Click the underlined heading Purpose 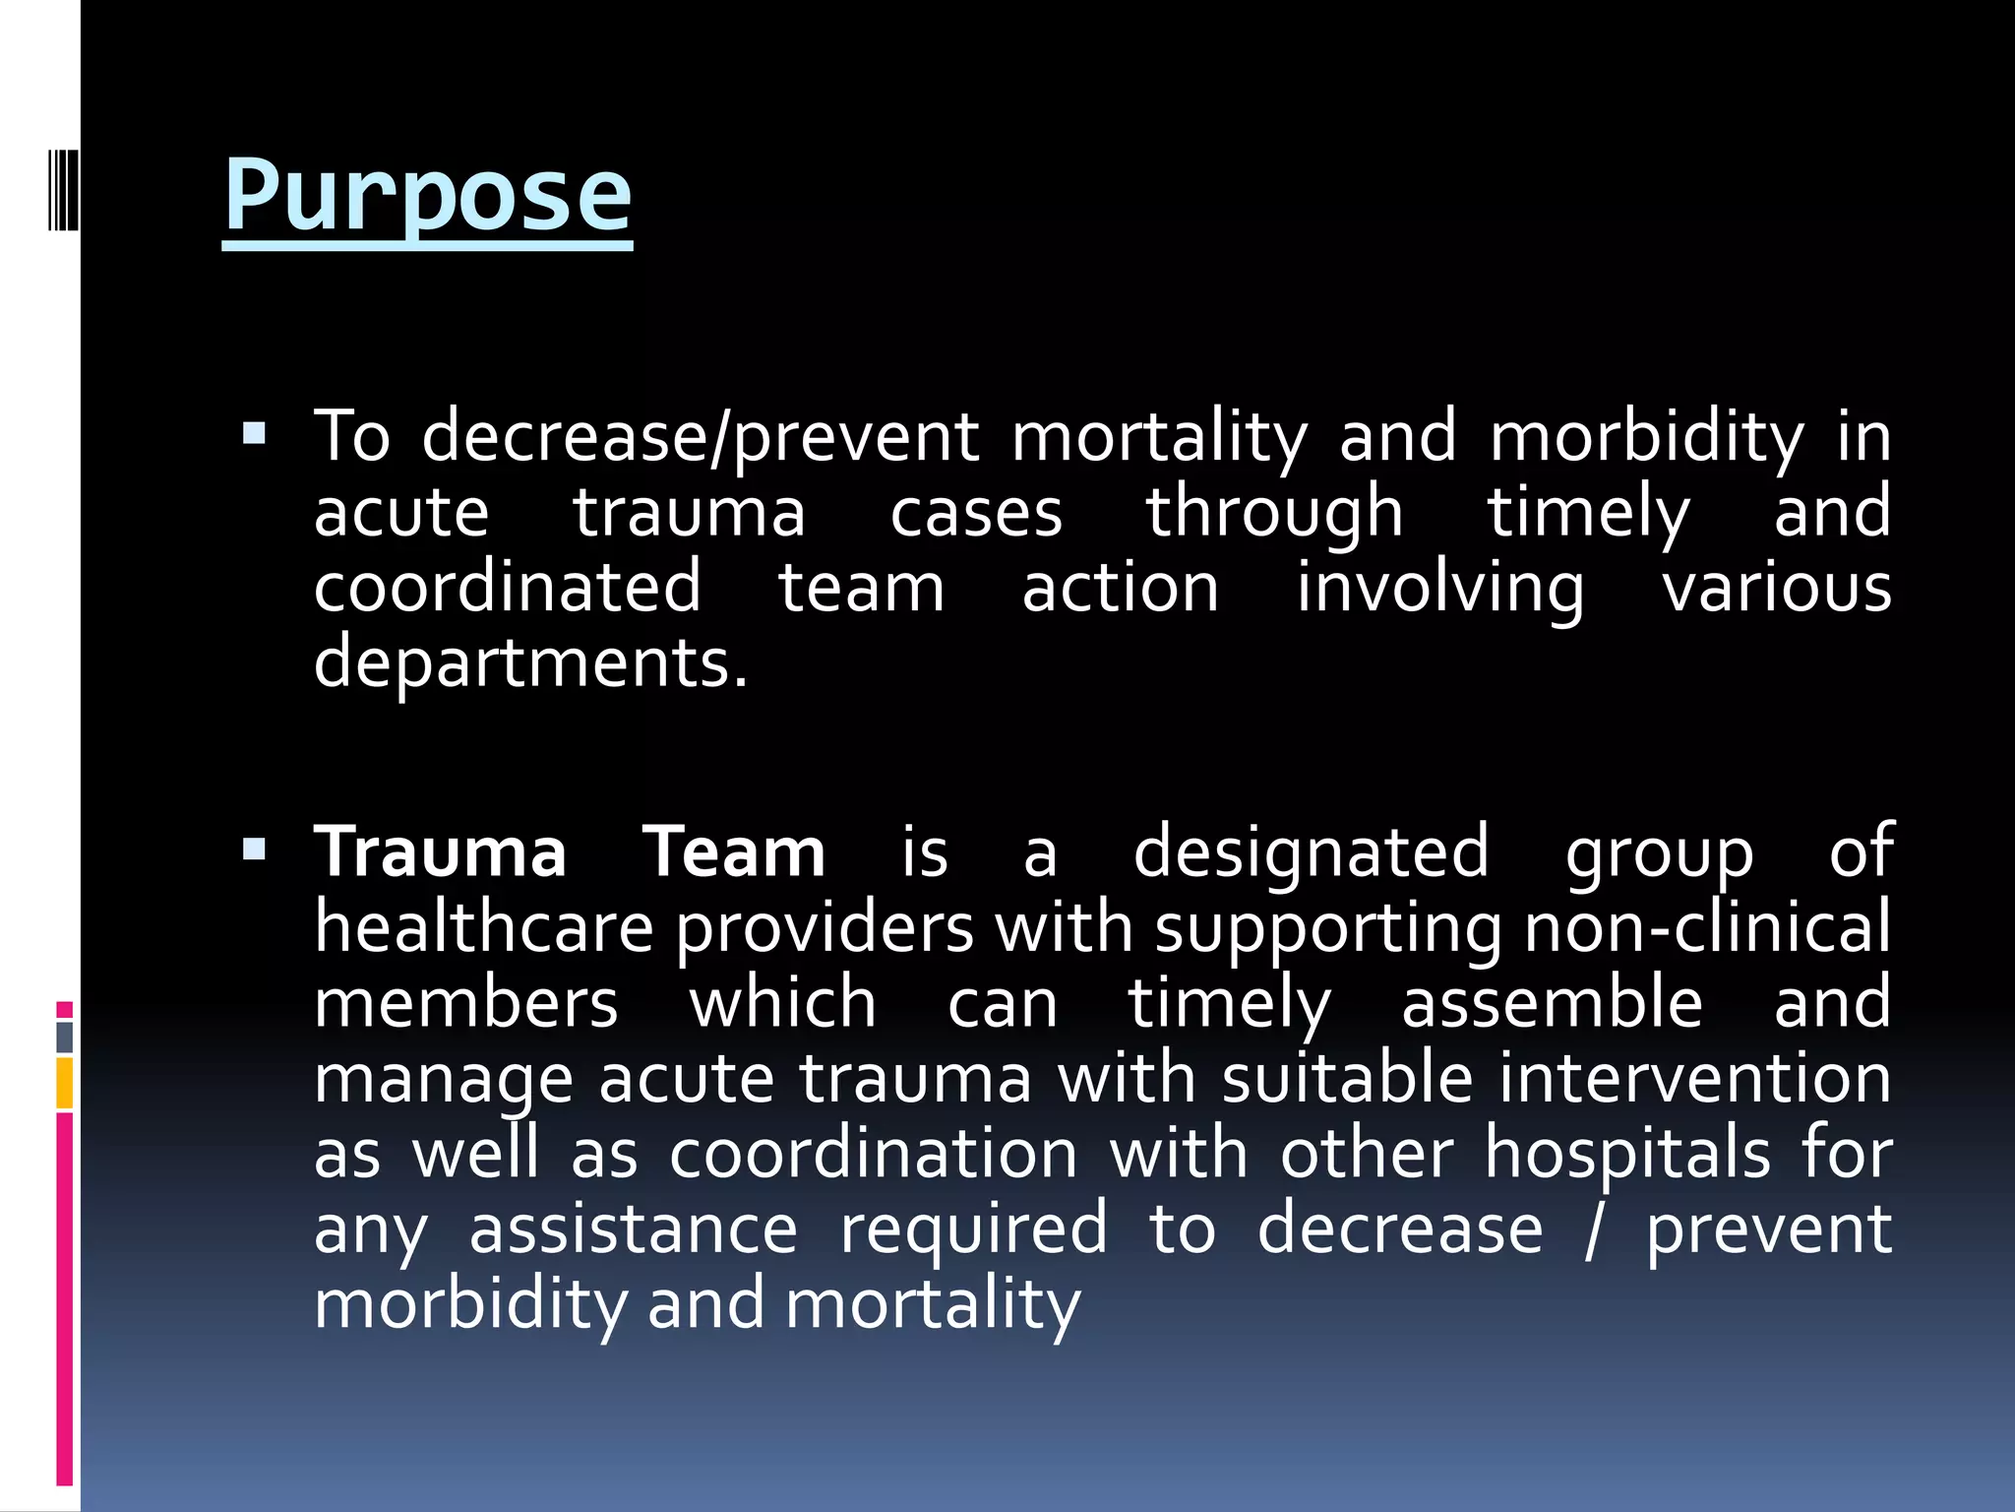[427, 197]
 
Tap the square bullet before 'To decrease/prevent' [254, 434]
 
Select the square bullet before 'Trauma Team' [254, 850]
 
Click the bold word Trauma [440, 852]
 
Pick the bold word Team [734, 852]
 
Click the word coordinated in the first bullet [508, 588]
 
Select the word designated [1311, 852]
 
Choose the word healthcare [484, 927]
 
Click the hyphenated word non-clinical [1707, 927]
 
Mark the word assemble [1552, 1003]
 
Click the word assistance [633, 1229]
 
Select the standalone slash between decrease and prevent [1594, 1229]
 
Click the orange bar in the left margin [65, 1084]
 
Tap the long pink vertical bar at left [65, 1299]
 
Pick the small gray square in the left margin [65, 1037]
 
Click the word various [1776, 588]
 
